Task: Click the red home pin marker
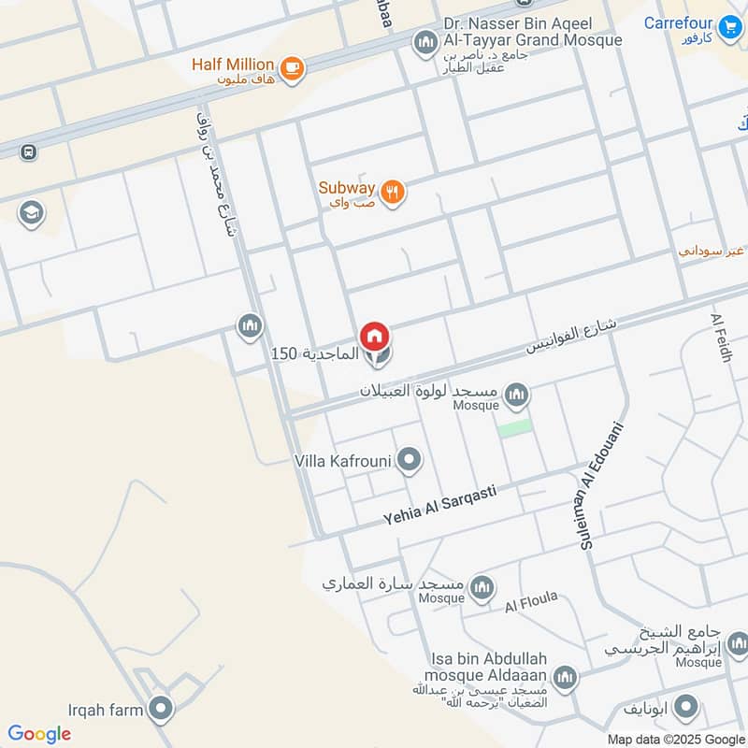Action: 375,334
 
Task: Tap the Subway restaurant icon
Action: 394,193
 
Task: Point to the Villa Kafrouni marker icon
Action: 409,460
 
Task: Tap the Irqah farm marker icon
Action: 162,709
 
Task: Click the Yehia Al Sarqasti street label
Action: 439,506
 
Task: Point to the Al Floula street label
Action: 531,601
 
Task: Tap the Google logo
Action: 39,734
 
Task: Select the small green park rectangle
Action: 514,428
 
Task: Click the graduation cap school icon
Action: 31,213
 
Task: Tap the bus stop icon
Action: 28,151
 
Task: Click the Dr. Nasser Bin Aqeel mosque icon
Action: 426,42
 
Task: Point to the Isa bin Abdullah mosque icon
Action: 565,677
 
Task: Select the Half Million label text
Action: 233,65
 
